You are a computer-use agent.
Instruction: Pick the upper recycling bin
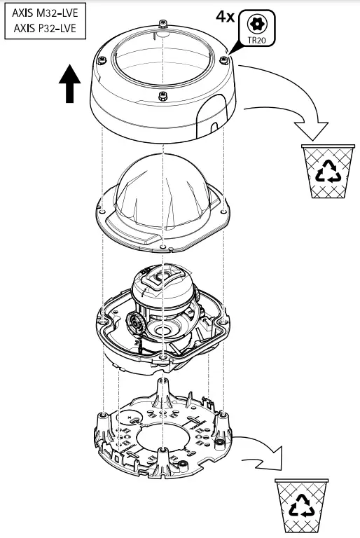click(324, 171)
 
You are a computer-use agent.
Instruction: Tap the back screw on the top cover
click(162, 33)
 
